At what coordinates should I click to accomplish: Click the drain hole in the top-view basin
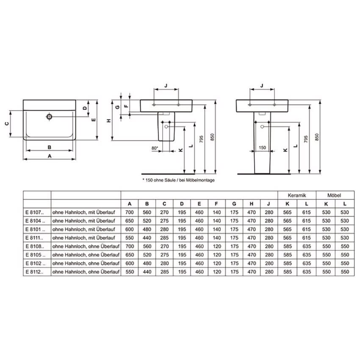point(49,116)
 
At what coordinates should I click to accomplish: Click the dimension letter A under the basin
point(50,156)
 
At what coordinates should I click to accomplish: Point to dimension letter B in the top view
point(50,147)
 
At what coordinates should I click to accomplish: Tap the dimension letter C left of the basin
point(7,124)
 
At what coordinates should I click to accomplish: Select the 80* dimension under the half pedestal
point(155,148)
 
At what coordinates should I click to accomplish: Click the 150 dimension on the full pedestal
point(262,148)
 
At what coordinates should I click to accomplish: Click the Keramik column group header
point(297,195)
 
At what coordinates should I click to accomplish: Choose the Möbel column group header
point(334,195)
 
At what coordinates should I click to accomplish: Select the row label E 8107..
point(34,212)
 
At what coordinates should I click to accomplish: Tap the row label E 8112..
point(34,272)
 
